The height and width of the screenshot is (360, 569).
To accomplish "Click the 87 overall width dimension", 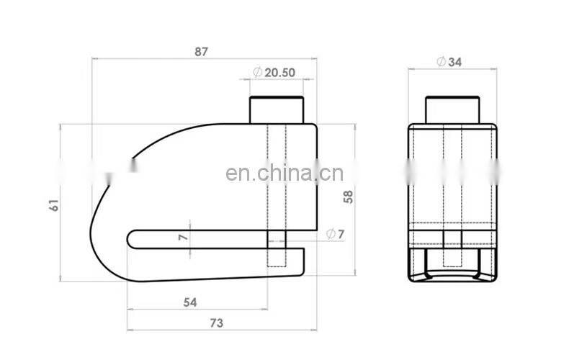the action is [x=202, y=52].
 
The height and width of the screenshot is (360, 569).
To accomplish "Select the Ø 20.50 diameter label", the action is [x=274, y=73].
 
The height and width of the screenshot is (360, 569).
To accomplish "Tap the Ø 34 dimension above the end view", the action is [x=449, y=62].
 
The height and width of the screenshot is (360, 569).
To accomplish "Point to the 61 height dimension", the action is [x=54, y=205].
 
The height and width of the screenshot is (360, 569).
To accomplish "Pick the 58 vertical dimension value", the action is [x=348, y=197].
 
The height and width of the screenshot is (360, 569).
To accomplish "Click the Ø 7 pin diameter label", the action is [x=335, y=234].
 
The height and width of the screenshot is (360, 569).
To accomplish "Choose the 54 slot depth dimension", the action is [x=190, y=302].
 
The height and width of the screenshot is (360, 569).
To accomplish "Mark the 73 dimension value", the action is [x=217, y=323].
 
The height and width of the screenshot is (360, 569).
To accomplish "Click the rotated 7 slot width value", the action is [x=183, y=238].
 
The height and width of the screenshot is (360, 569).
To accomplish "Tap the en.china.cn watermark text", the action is [x=284, y=173].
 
